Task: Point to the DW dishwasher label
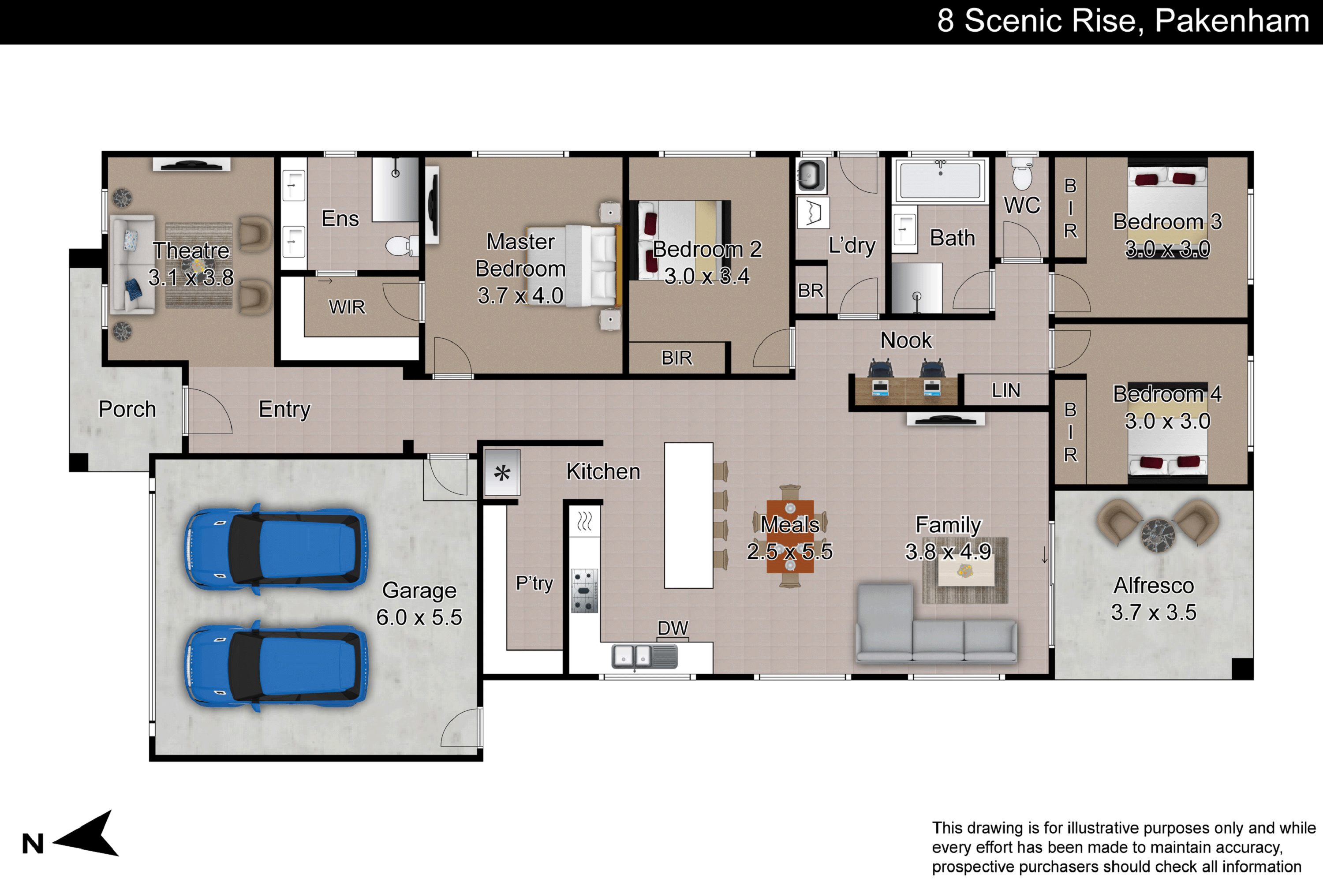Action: [673, 628]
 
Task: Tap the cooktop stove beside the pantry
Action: [584, 590]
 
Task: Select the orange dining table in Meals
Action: [790, 536]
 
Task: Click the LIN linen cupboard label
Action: [1006, 390]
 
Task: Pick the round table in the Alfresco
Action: [1158, 535]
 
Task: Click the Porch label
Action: [127, 409]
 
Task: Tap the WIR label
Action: [347, 307]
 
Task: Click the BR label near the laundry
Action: [811, 290]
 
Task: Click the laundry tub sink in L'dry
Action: [811, 176]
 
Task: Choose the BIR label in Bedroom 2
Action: [676, 358]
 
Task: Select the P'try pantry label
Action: [534, 583]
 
